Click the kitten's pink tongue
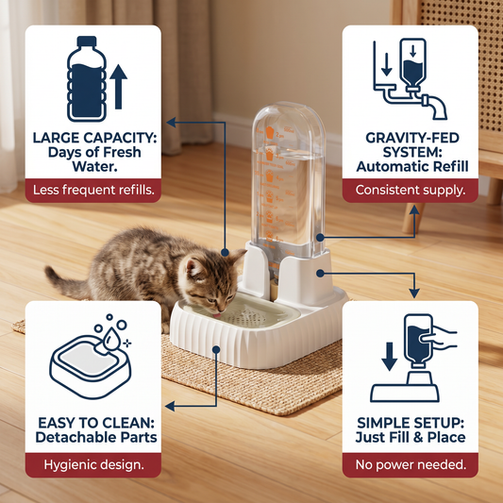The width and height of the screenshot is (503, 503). [x=218, y=315]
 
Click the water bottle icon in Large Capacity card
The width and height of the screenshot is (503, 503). [x=87, y=79]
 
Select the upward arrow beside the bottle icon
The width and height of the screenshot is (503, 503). [x=118, y=87]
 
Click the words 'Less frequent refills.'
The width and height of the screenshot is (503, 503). [x=93, y=190]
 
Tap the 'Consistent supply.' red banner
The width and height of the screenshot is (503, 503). [x=410, y=191]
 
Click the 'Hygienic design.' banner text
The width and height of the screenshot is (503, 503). [x=93, y=464]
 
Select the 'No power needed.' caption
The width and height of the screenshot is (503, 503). [x=411, y=464]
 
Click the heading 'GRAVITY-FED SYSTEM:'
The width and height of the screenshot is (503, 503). [x=412, y=145]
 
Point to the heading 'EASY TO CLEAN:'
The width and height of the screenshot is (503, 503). [x=96, y=423]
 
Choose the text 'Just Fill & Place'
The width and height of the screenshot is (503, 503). [x=411, y=437]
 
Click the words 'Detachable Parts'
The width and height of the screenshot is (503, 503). [x=96, y=437]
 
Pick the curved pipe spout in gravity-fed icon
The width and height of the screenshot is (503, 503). [x=436, y=107]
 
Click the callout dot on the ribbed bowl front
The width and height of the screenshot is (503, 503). [x=216, y=349]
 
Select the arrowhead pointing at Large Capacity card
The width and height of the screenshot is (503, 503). [x=171, y=122]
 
